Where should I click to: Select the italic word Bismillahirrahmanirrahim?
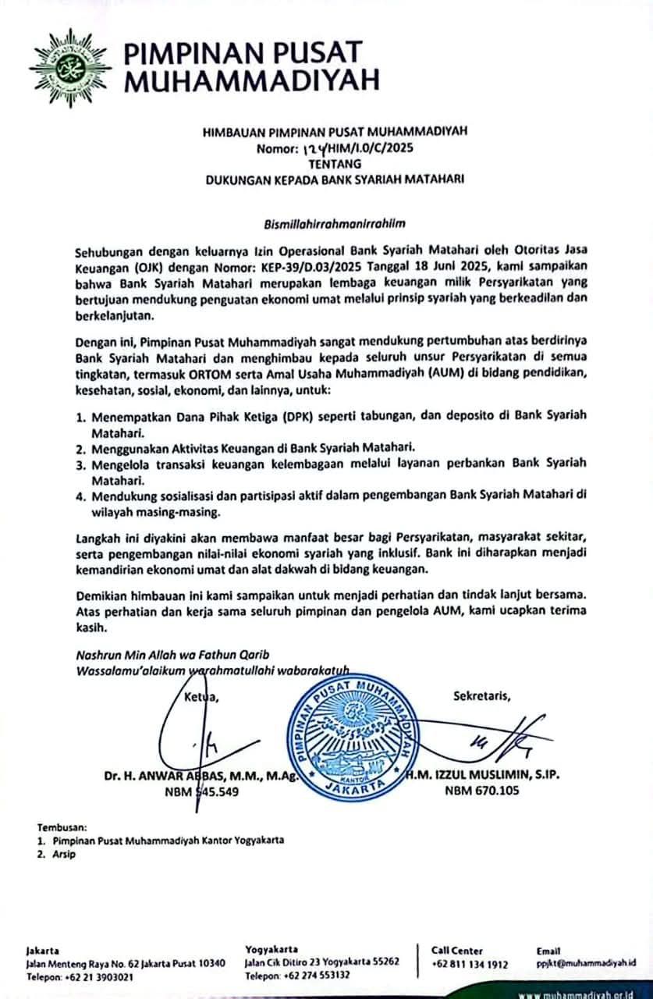tap(334, 222)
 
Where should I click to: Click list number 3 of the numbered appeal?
tap(80, 464)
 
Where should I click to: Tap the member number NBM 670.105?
tap(481, 791)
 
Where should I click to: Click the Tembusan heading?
tap(62, 826)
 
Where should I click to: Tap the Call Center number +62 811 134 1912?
tap(470, 965)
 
